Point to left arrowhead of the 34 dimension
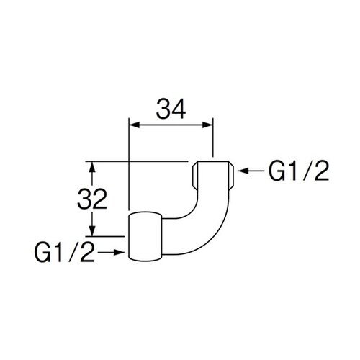pos(132,125)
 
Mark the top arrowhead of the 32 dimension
pos(91,165)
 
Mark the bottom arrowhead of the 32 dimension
pos(91,231)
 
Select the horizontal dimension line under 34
pos(171,125)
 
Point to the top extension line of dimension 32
pos(137,160)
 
